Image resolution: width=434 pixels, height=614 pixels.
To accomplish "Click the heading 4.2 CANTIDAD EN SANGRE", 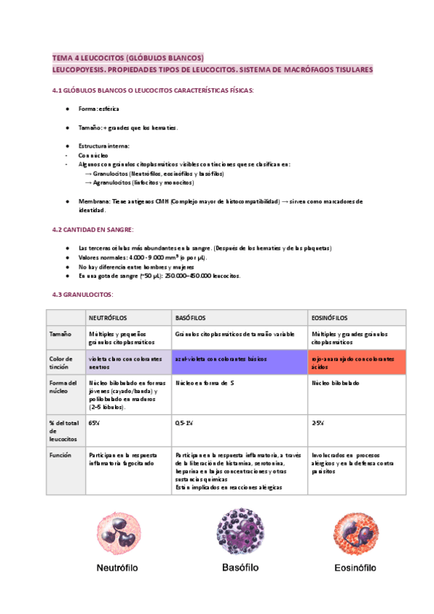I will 93,230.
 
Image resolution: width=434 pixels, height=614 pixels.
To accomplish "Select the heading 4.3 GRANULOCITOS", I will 83,295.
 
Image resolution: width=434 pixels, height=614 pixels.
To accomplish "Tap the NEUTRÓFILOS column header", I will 109,318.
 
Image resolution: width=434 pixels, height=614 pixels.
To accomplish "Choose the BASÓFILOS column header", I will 191,318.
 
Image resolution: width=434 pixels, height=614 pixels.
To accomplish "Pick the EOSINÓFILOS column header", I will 329,318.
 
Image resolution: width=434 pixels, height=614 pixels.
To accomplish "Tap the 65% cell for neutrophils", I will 94,421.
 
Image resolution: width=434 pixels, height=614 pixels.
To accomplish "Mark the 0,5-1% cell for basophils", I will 184,421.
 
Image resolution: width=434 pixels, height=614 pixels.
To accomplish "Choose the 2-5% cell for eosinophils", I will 318,421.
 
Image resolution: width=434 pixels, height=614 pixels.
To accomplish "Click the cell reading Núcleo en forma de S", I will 205,382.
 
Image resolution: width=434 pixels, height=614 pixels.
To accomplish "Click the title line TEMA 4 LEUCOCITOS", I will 129,57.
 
